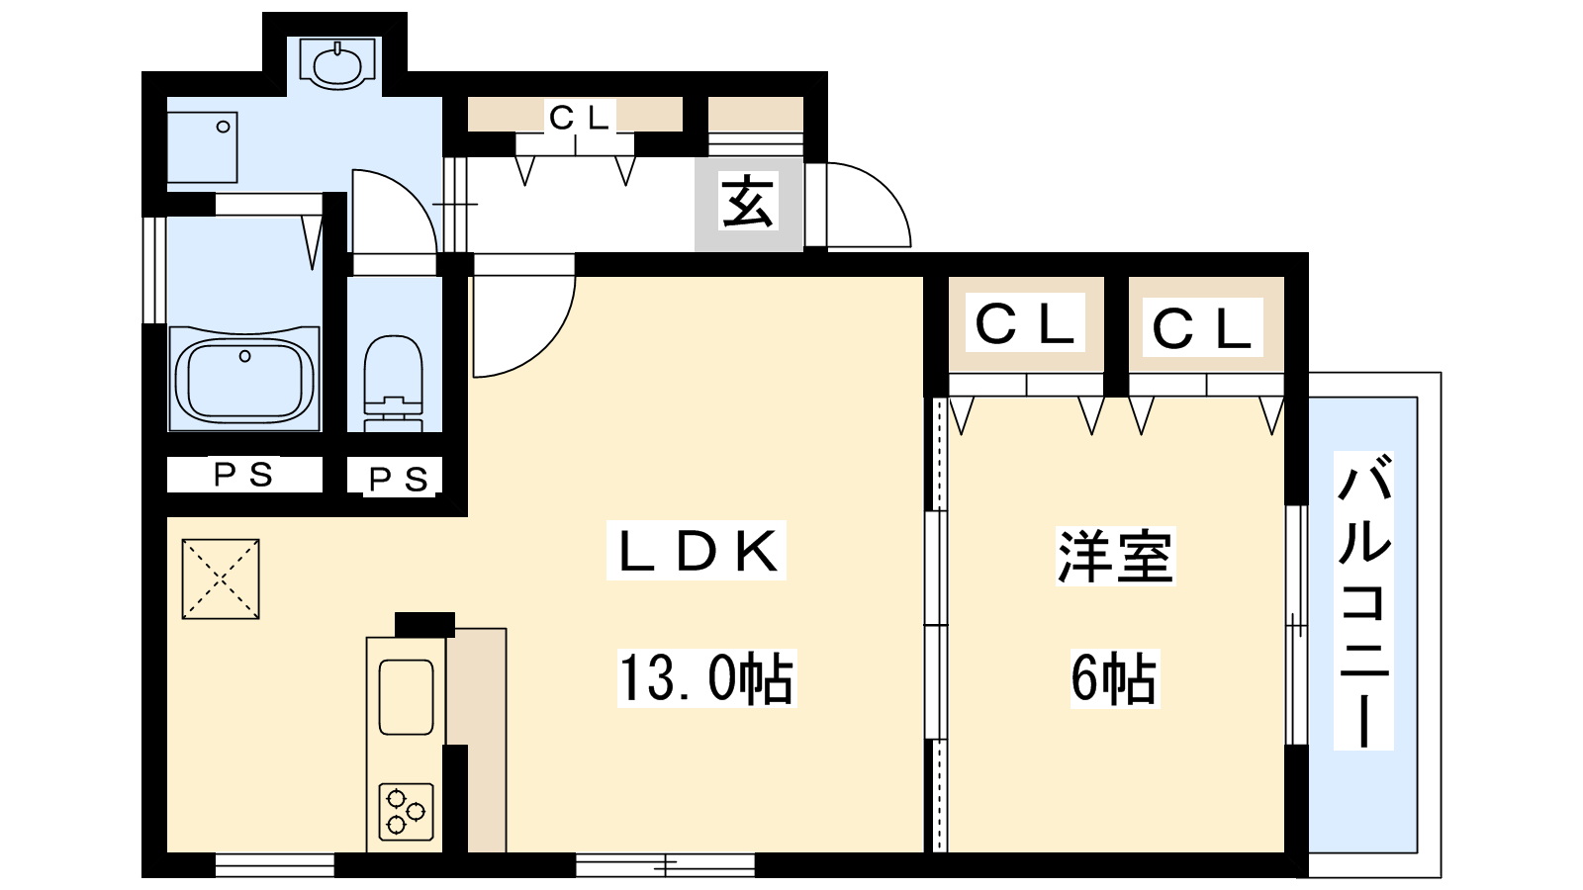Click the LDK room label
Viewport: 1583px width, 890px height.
pos(697,551)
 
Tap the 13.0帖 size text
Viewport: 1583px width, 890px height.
pos(706,678)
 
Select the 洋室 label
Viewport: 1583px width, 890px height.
pos(1115,556)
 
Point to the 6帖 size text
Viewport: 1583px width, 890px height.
pos(1114,678)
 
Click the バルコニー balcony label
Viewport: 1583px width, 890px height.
pos(1363,600)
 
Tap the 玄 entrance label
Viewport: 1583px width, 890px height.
pos(749,202)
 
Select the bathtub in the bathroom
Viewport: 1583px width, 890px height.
pos(244,378)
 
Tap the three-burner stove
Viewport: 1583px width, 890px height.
pos(406,812)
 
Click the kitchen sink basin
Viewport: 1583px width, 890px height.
pos(406,697)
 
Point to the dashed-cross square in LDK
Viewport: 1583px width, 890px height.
pos(221,579)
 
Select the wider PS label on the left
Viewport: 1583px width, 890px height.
pos(243,475)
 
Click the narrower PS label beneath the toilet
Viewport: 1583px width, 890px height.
pos(399,479)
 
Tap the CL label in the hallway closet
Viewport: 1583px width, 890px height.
pos(579,119)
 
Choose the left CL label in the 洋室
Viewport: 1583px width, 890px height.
pos(1025,324)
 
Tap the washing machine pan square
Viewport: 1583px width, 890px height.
pos(202,147)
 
